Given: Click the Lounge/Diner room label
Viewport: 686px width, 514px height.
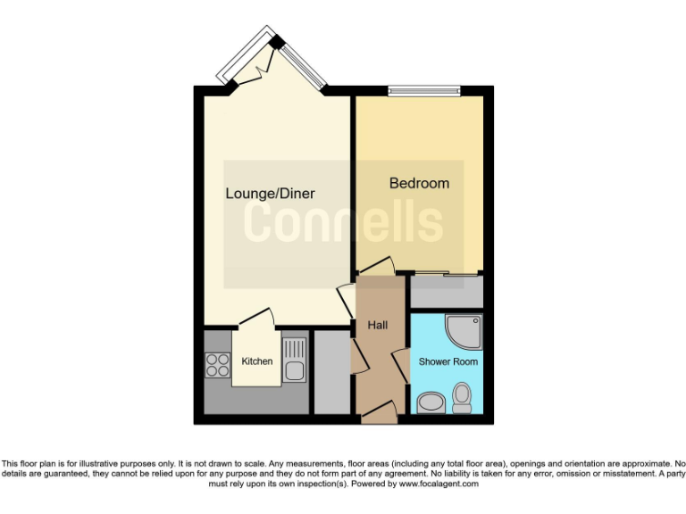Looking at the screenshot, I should pyautogui.click(x=270, y=193).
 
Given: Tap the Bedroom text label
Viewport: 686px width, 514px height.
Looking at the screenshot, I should pyautogui.click(x=419, y=184).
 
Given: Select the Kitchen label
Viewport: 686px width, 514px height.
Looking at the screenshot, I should pyautogui.click(x=257, y=361).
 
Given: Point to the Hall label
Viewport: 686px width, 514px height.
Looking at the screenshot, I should pyautogui.click(x=377, y=327).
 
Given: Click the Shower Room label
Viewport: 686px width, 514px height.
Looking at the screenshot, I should pyautogui.click(x=448, y=361).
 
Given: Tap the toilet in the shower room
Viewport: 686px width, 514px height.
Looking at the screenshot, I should pyautogui.click(x=462, y=397).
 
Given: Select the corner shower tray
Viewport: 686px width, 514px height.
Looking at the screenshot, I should pyautogui.click(x=466, y=331).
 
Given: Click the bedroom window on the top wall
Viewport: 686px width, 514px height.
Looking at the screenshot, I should pyautogui.click(x=424, y=88).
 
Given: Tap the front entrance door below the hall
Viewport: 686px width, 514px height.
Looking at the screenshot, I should pyautogui.click(x=379, y=412).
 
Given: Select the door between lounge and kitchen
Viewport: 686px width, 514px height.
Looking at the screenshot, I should pyautogui.click(x=257, y=318).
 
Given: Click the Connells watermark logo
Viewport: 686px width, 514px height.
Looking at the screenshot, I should pyautogui.click(x=343, y=223).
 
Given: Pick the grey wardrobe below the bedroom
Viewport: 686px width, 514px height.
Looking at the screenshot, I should pyautogui.click(x=447, y=291).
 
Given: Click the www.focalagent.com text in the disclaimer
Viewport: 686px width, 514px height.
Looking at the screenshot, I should pyautogui.click(x=438, y=484).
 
